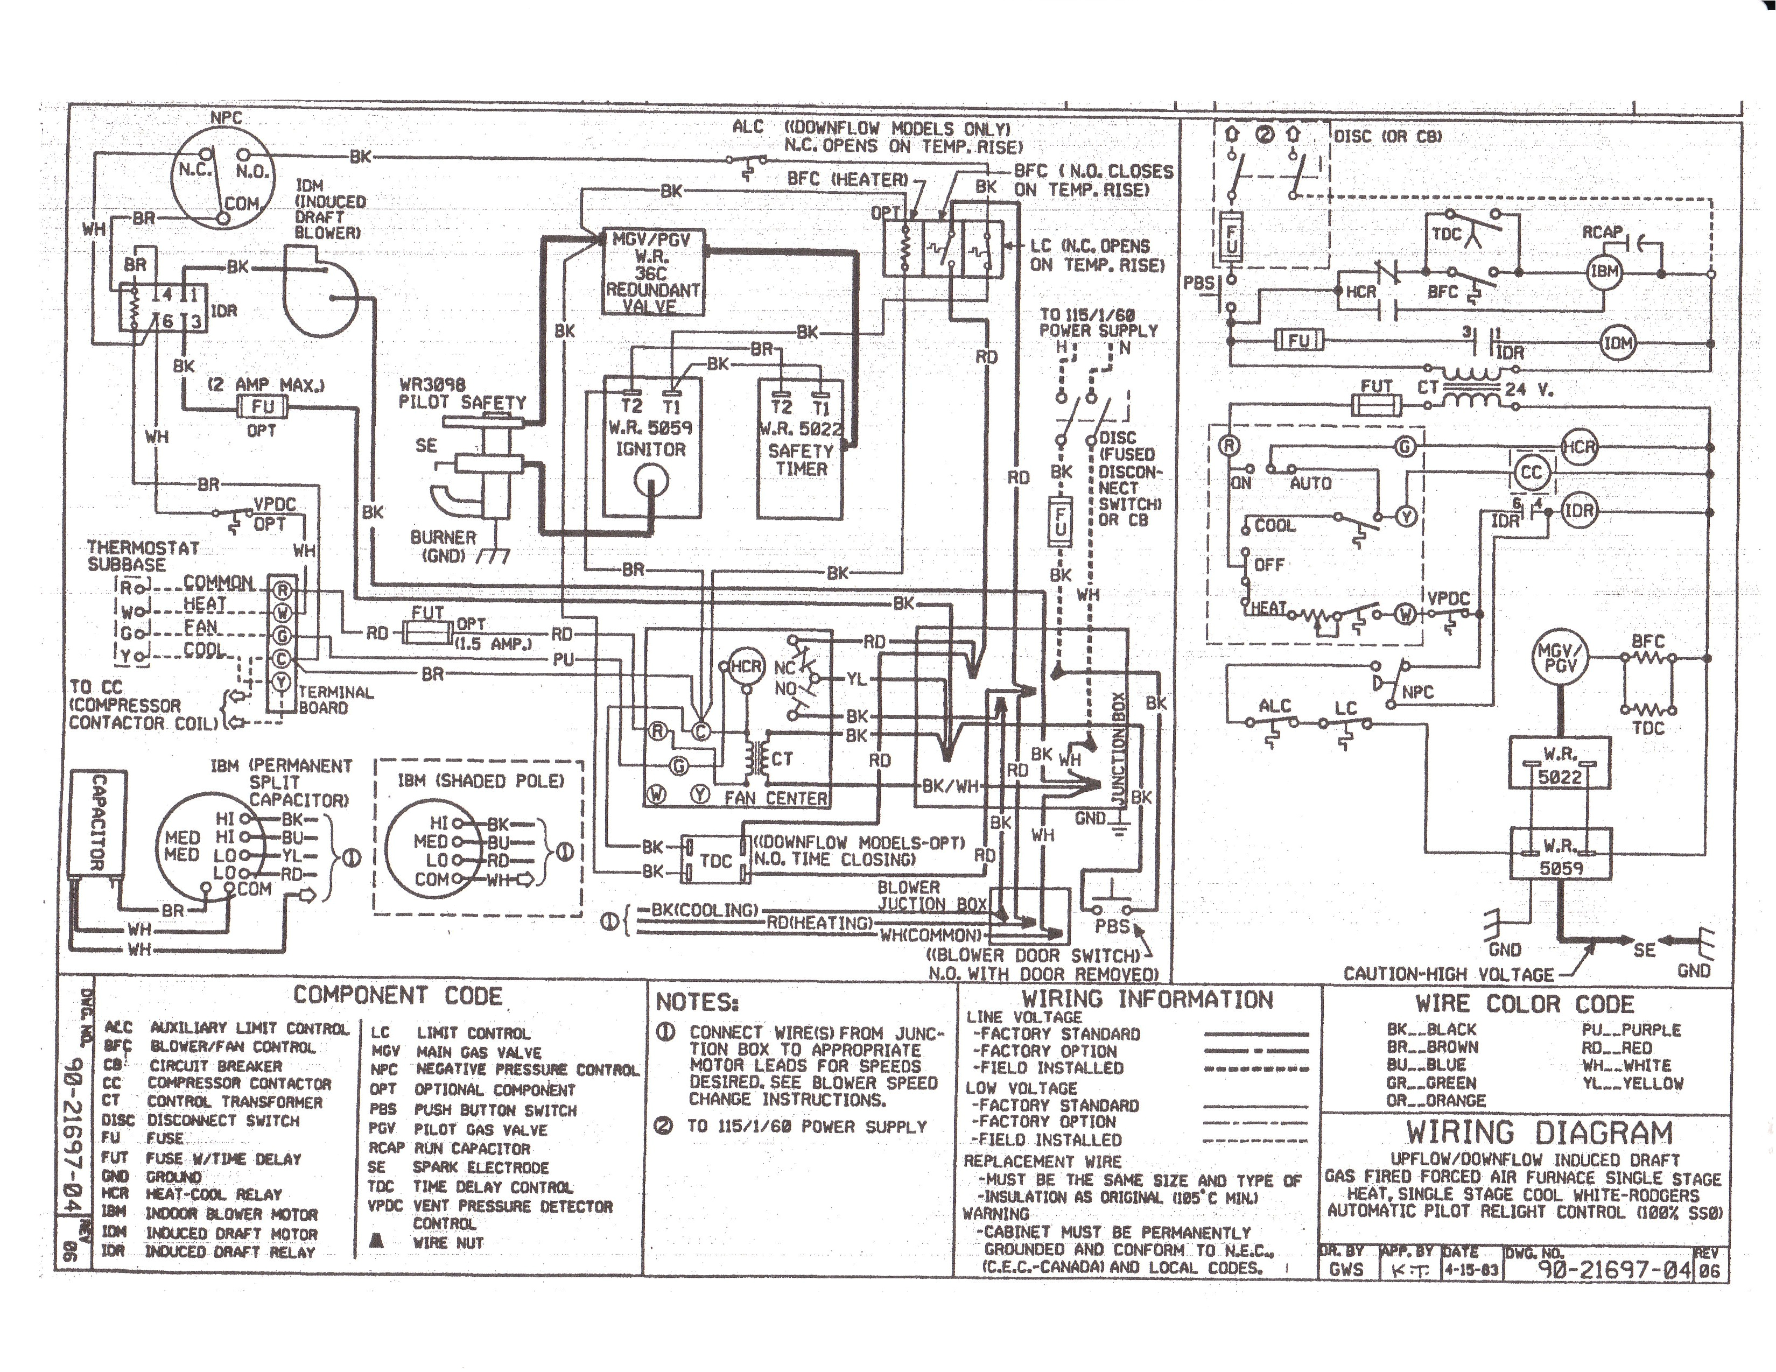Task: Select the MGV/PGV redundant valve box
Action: (x=652, y=272)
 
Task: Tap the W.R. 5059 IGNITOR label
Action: (x=650, y=438)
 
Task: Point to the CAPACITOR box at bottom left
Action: (x=97, y=823)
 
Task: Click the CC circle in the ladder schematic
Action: (x=1531, y=473)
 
